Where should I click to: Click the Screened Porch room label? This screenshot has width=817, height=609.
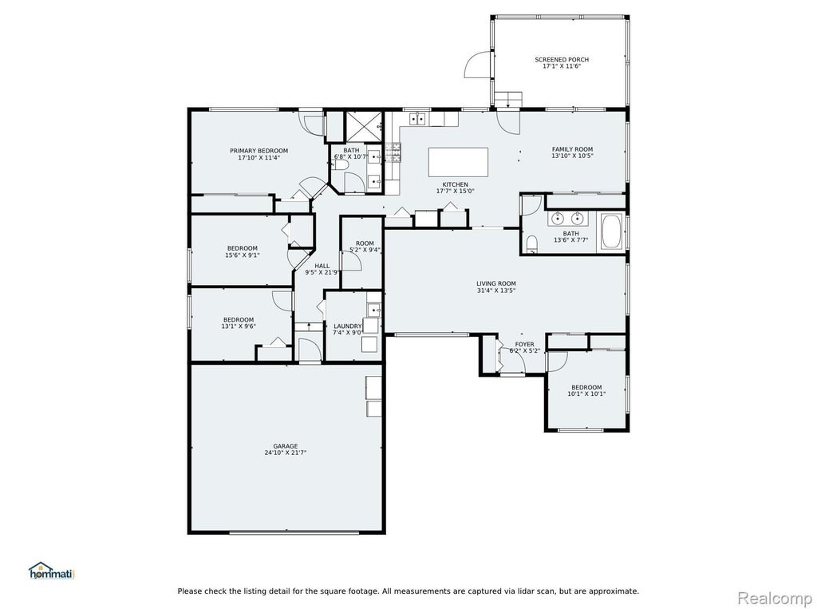click(562, 59)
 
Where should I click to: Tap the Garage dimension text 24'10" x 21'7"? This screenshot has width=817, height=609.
click(285, 453)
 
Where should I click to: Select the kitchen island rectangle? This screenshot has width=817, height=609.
click(458, 162)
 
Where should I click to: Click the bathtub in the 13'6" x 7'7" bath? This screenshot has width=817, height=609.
click(611, 232)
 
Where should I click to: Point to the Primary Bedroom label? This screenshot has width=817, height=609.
click(259, 151)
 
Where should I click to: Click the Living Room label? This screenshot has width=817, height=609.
click(496, 283)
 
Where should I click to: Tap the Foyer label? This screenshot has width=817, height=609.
click(525, 344)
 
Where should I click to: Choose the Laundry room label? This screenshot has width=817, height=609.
click(348, 326)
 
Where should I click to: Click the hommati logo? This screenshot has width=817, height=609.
click(52, 571)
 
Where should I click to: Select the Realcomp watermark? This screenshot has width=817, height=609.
click(775, 597)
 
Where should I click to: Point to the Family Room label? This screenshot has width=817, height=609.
click(573, 149)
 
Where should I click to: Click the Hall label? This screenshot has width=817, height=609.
click(322, 266)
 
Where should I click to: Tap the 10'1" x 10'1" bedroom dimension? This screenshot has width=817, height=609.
click(586, 394)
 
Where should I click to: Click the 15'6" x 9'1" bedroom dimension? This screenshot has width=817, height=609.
click(243, 255)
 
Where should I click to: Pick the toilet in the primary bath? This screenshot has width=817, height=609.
click(340, 165)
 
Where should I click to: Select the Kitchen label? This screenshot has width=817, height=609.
click(456, 184)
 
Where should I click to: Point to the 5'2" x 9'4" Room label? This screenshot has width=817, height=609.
click(365, 243)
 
